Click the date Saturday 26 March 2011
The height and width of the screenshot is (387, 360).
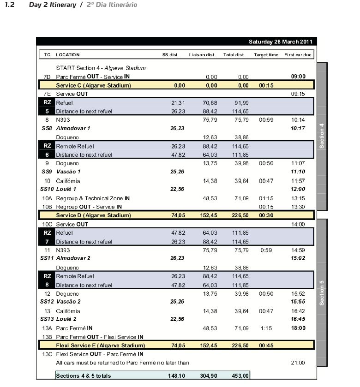pyautogui.click(x=280, y=42)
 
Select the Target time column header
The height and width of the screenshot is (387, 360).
pyautogui.click(x=266, y=55)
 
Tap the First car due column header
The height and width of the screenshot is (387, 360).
pyautogui.click(x=298, y=55)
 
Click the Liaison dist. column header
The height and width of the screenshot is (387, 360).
pyautogui.click(x=202, y=55)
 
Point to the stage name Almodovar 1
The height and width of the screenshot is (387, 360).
pyautogui.click(x=73, y=128)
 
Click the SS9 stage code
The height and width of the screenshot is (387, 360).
pyautogui.click(x=47, y=172)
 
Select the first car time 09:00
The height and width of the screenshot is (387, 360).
pyautogui.click(x=298, y=77)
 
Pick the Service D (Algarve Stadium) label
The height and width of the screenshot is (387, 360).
pyautogui.click(x=93, y=215)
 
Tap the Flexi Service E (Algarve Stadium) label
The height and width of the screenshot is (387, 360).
pyautogui.click(x=100, y=345)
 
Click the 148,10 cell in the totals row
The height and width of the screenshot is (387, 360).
pyautogui.click(x=177, y=376)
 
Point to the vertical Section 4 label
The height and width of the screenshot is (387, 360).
pyautogui.click(x=322, y=136)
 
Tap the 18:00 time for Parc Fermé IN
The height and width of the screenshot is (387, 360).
pyautogui.click(x=298, y=328)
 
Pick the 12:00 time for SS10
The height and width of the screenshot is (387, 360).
pyautogui.click(x=298, y=189)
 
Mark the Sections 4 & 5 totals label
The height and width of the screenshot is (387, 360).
pyautogui.click(x=83, y=376)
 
